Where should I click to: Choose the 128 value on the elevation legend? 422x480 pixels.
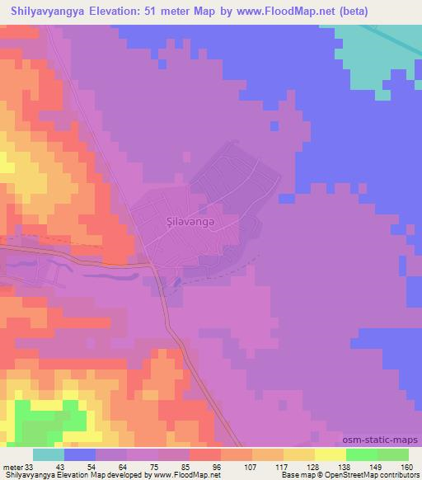click(309, 466)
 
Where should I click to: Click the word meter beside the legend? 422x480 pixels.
click(13, 466)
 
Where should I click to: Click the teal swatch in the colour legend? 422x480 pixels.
click(49, 454)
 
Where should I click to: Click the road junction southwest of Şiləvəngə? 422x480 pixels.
click(156, 266)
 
